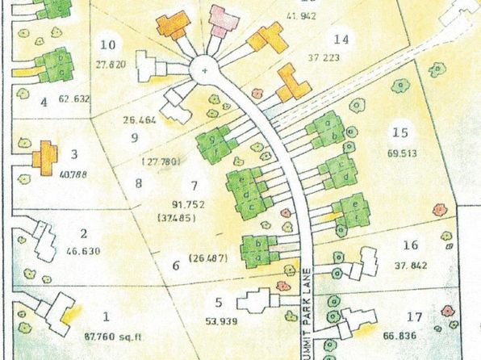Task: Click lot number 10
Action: tap(108, 44)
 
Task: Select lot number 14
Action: tap(341, 40)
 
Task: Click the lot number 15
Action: tap(397, 133)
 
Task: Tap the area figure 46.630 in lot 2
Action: tap(84, 251)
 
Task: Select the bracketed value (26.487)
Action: tap(209, 258)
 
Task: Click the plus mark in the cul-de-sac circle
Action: tap(204, 72)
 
